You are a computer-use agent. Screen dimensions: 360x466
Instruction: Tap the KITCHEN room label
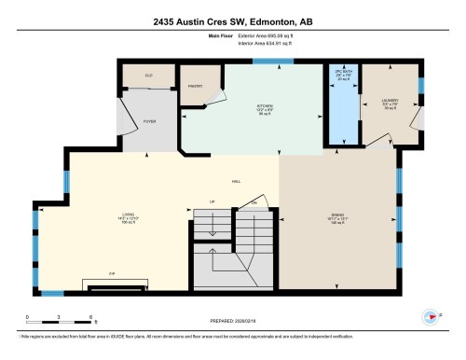point(266,108)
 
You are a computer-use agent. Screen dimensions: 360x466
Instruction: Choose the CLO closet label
point(147,75)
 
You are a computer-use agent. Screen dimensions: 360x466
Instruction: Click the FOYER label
point(148,122)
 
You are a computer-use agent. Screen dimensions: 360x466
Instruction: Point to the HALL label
point(236,182)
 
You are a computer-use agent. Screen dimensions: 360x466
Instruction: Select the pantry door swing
point(217,98)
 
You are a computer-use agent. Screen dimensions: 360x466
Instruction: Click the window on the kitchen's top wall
point(272,62)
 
